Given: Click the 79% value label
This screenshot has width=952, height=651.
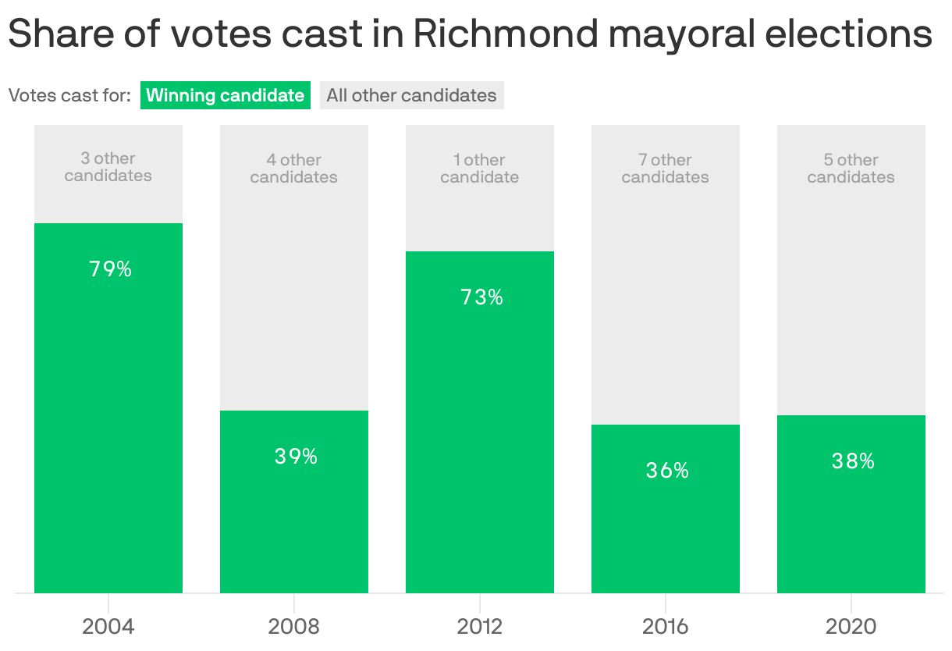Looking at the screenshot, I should (110, 269).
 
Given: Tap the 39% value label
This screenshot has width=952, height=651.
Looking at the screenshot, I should (296, 457).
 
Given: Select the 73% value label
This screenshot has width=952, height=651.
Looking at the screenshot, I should (481, 297).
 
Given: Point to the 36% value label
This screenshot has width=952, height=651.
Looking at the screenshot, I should (667, 471).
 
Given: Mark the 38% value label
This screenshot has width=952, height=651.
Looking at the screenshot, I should (853, 461).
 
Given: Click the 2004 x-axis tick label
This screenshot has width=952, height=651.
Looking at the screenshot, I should (108, 626).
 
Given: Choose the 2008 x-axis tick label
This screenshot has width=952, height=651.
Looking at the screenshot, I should (294, 626).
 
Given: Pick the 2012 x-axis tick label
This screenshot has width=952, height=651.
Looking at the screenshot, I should (480, 626).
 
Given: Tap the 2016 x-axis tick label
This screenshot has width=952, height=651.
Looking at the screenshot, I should (666, 626).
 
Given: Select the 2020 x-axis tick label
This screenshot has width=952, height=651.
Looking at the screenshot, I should (851, 626).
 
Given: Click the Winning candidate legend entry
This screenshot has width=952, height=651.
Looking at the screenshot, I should (226, 95).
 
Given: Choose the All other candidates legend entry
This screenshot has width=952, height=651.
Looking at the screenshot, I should (411, 95).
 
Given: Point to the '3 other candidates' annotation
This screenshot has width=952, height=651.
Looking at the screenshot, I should (108, 167).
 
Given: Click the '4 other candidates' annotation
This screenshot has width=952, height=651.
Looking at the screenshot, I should (294, 169).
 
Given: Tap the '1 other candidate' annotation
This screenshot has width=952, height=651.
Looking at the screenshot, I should (480, 169).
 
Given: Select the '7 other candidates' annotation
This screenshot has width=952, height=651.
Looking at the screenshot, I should (666, 169).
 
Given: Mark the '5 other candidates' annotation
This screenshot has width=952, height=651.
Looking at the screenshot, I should (851, 169).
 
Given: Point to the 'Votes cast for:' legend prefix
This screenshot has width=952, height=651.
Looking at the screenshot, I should (69, 95).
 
